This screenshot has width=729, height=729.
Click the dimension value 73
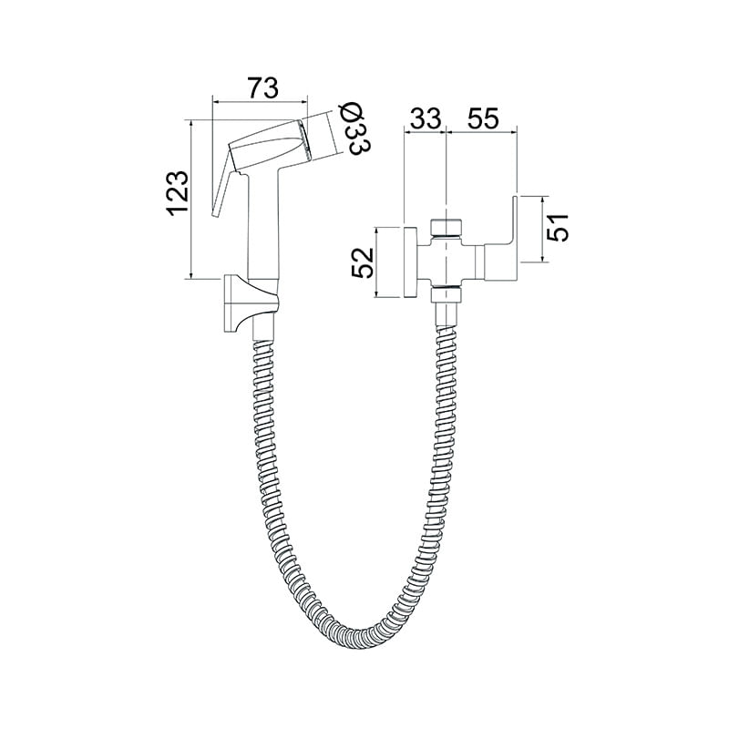262,87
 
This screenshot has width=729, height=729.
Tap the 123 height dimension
178,193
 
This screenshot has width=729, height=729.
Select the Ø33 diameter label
357,129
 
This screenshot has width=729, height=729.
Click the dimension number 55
483,118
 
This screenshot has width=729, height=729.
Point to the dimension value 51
558,227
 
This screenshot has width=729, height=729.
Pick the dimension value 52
363,262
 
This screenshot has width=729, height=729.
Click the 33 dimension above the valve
425,118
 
